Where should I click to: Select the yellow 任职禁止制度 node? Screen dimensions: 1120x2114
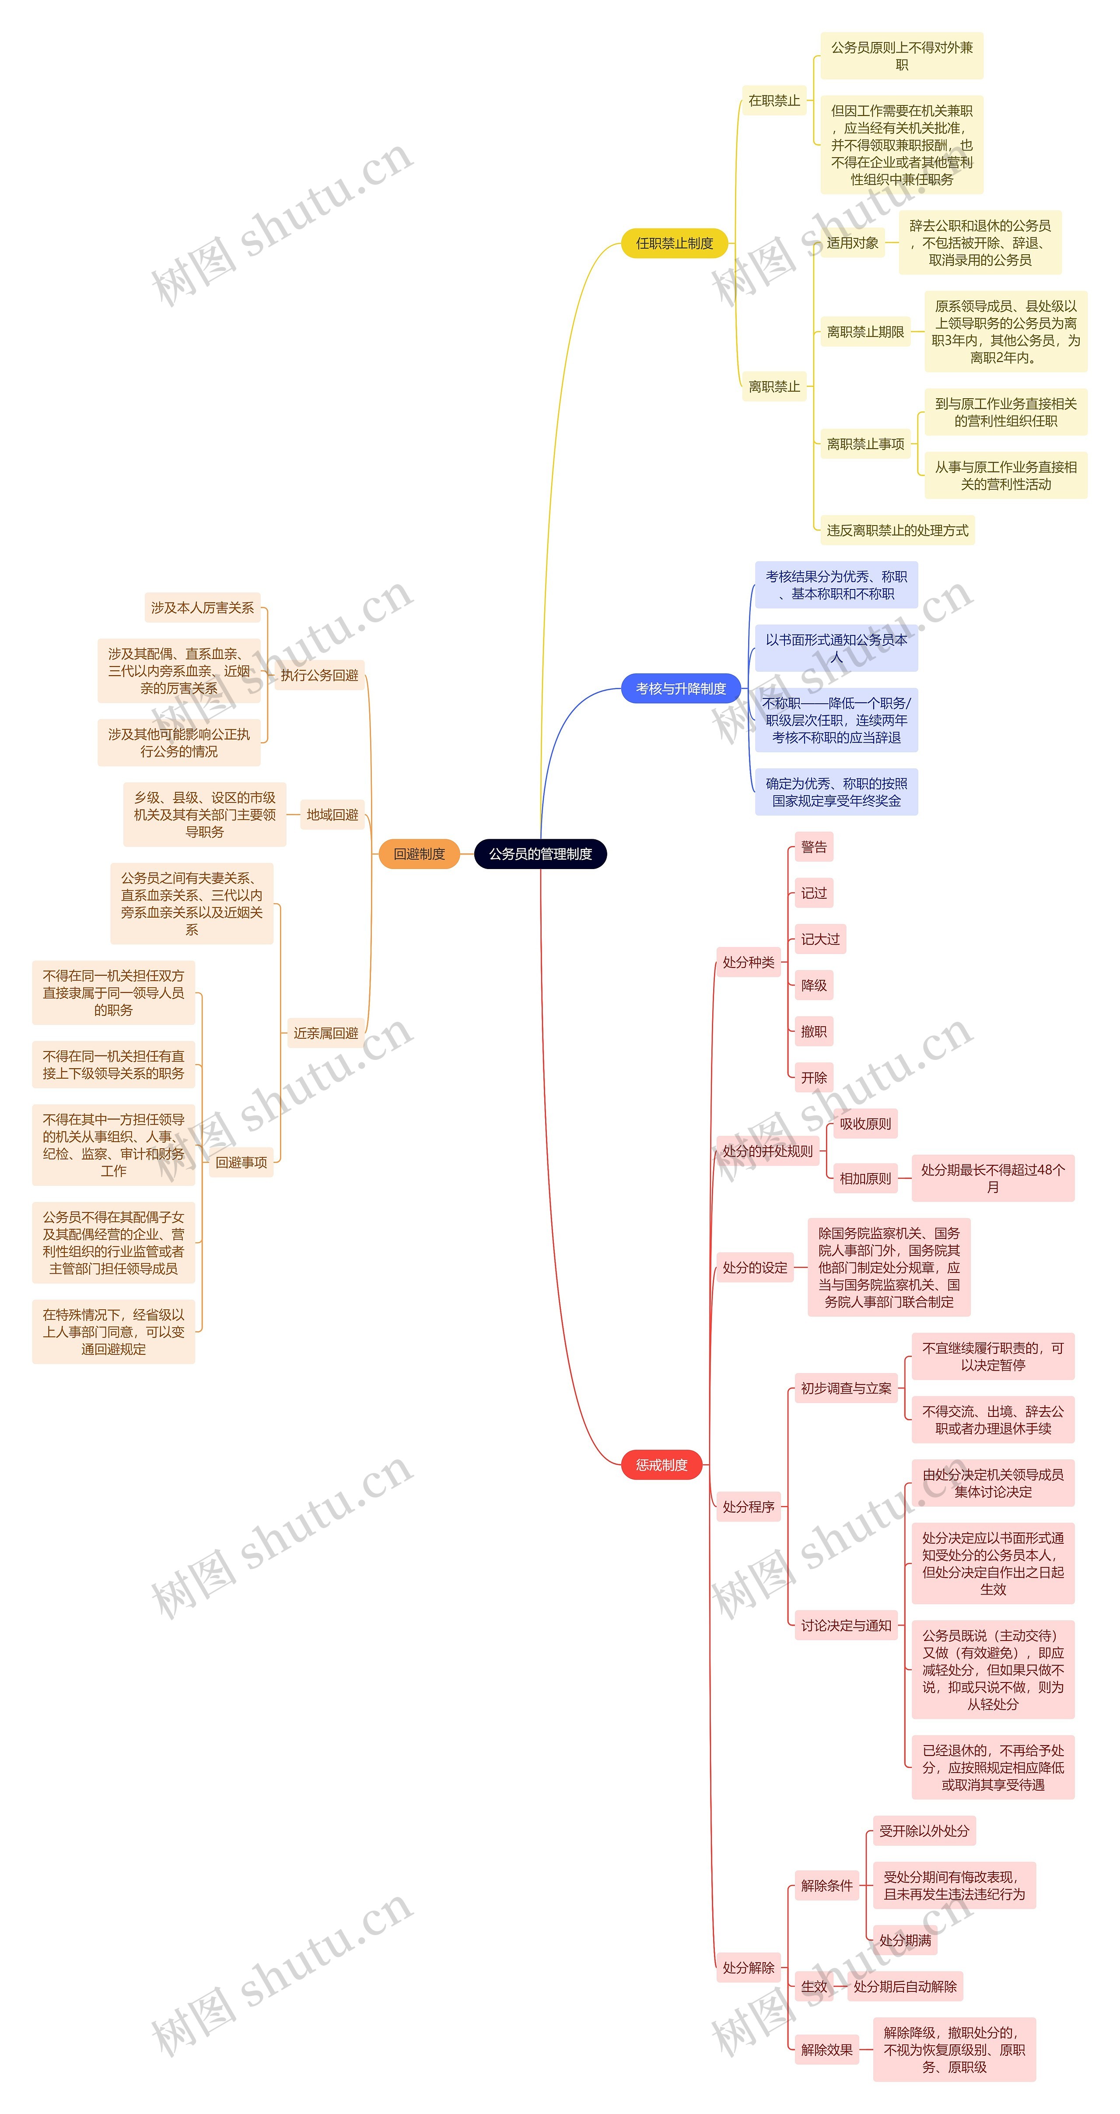(675, 243)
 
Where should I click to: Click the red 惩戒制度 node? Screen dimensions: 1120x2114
(661, 1465)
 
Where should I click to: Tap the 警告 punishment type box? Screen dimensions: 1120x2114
(813, 847)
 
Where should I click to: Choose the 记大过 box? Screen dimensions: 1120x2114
(820, 939)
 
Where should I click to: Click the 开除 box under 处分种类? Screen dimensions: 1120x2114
(813, 1077)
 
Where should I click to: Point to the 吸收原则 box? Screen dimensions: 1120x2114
(865, 1123)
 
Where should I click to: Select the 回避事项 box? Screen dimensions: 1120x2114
(241, 1162)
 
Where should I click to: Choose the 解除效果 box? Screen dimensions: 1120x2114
(826, 2049)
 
